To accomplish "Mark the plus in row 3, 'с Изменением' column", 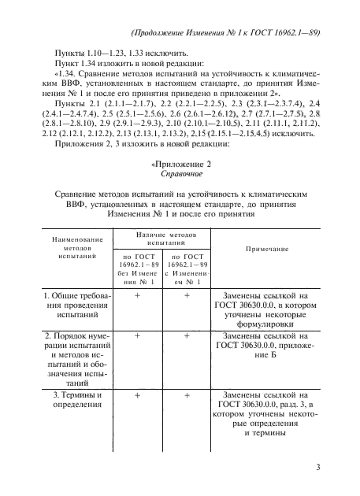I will coord(187,396).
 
